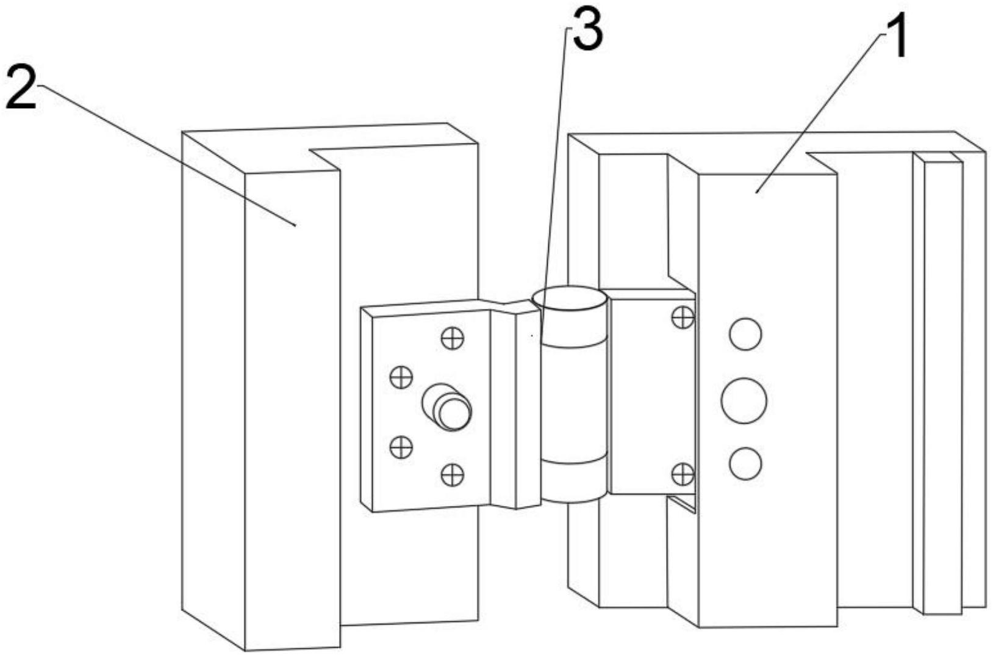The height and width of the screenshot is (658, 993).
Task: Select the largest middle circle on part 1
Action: tap(744, 401)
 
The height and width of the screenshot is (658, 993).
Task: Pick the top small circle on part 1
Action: tap(745, 334)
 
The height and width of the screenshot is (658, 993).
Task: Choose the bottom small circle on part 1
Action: tap(745, 463)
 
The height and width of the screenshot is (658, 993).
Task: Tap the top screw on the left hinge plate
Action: tap(452, 338)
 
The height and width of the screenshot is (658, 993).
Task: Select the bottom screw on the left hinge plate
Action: tap(452, 474)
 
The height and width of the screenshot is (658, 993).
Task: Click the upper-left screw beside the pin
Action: tap(401, 377)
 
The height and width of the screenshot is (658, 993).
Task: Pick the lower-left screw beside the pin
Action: tap(401, 447)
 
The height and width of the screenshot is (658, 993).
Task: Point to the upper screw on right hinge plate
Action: tap(683, 317)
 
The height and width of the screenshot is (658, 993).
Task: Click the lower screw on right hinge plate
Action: tap(683, 474)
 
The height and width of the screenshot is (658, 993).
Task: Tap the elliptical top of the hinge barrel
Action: tap(569, 299)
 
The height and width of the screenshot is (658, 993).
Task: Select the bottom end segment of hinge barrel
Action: tap(574, 482)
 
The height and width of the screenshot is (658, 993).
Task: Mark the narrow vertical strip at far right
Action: tap(942, 385)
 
